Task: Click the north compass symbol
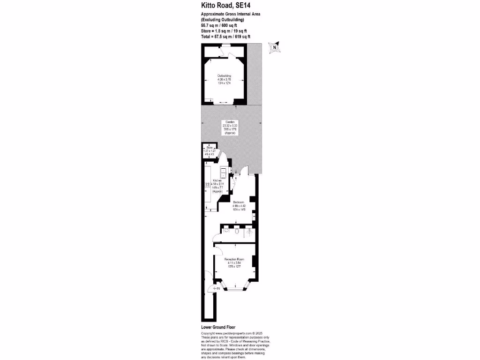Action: point(274,47)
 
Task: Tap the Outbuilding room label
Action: point(224,75)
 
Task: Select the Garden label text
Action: point(230,122)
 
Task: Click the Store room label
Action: point(209,147)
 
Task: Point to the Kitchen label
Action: point(217,180)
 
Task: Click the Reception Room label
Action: point(233,259)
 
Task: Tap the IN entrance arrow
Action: point(216,289)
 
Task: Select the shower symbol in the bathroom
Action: point(249,231)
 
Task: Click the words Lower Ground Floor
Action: point(218,327)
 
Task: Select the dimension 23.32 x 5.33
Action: point(230,126)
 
